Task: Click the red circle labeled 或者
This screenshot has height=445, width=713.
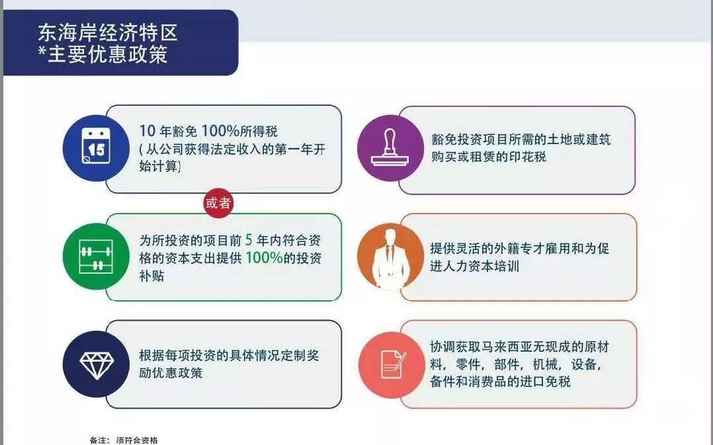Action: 218,203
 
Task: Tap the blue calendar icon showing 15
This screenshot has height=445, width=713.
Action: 96,147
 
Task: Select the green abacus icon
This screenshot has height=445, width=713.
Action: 96,257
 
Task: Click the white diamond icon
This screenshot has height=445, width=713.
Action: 96,364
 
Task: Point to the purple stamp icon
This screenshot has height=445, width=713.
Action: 391,147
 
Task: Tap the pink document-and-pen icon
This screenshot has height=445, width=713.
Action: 392,365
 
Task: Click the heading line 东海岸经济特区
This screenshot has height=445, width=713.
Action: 108,33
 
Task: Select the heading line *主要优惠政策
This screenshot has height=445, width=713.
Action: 103,54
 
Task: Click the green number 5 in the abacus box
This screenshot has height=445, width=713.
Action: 249,239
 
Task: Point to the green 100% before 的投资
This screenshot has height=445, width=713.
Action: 264,258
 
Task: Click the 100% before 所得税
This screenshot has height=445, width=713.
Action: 220,131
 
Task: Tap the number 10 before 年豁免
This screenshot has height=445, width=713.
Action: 147,131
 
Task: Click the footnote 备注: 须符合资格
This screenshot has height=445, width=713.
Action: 124,440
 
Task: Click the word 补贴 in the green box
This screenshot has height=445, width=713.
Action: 152,276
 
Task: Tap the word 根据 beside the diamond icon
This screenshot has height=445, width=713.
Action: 152,355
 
